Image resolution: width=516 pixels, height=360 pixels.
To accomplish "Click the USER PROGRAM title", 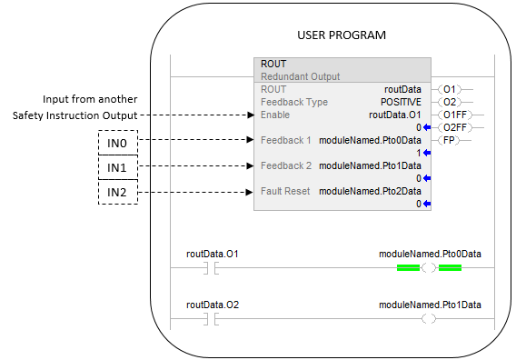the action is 342,35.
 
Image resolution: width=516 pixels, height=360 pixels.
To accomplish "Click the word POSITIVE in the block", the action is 401,102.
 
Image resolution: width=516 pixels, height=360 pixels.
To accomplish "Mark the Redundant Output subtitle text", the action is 300,76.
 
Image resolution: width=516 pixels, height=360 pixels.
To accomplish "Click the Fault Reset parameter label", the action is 285,191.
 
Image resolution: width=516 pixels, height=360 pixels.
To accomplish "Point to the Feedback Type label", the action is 294,102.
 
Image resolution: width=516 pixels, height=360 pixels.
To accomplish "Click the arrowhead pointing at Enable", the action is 251,115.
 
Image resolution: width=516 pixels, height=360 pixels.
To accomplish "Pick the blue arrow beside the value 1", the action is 427,153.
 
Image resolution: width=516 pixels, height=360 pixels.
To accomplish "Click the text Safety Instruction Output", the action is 74,115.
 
